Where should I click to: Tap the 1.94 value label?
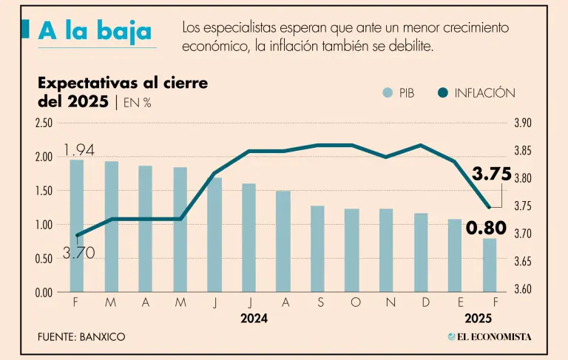click(79, 151)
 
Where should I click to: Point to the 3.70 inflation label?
click(78, 254)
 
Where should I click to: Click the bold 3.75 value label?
click(492, 174)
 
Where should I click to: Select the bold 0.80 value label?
click(486, 228)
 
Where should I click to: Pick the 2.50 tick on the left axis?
click(44, 123)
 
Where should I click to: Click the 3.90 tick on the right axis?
click(523, 123)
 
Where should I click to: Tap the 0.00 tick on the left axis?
click(44, 292)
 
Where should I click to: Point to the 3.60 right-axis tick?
click(523, 289)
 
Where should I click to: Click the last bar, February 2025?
click(490, 265)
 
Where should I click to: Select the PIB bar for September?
click(317, 248)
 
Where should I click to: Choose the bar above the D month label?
click(421, 252)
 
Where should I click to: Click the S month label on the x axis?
click(317, 302)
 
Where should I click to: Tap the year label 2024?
click(254, 319)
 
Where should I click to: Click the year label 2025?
click(479, 319)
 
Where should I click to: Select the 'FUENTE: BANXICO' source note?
click(81, 337)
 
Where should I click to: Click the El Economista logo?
click(489, 337)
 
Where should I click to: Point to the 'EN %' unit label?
click(137, 103)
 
